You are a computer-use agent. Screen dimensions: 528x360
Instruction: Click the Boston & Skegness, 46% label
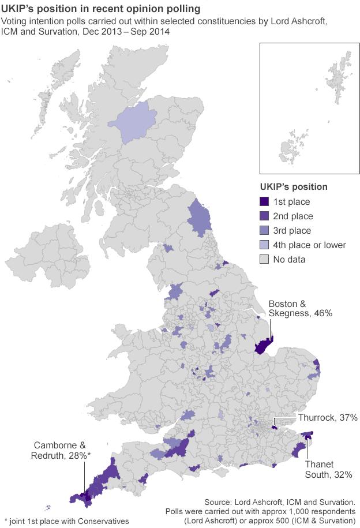(300, 309)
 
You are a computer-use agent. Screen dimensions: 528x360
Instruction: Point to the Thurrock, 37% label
(327, 417)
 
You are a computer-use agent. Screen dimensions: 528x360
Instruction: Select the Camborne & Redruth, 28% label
(61, 450)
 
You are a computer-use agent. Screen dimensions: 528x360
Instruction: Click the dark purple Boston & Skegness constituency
(264, 346)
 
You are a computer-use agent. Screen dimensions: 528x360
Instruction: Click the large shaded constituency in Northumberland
(200, 222)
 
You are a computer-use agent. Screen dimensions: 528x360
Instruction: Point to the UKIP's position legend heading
(294, 187)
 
